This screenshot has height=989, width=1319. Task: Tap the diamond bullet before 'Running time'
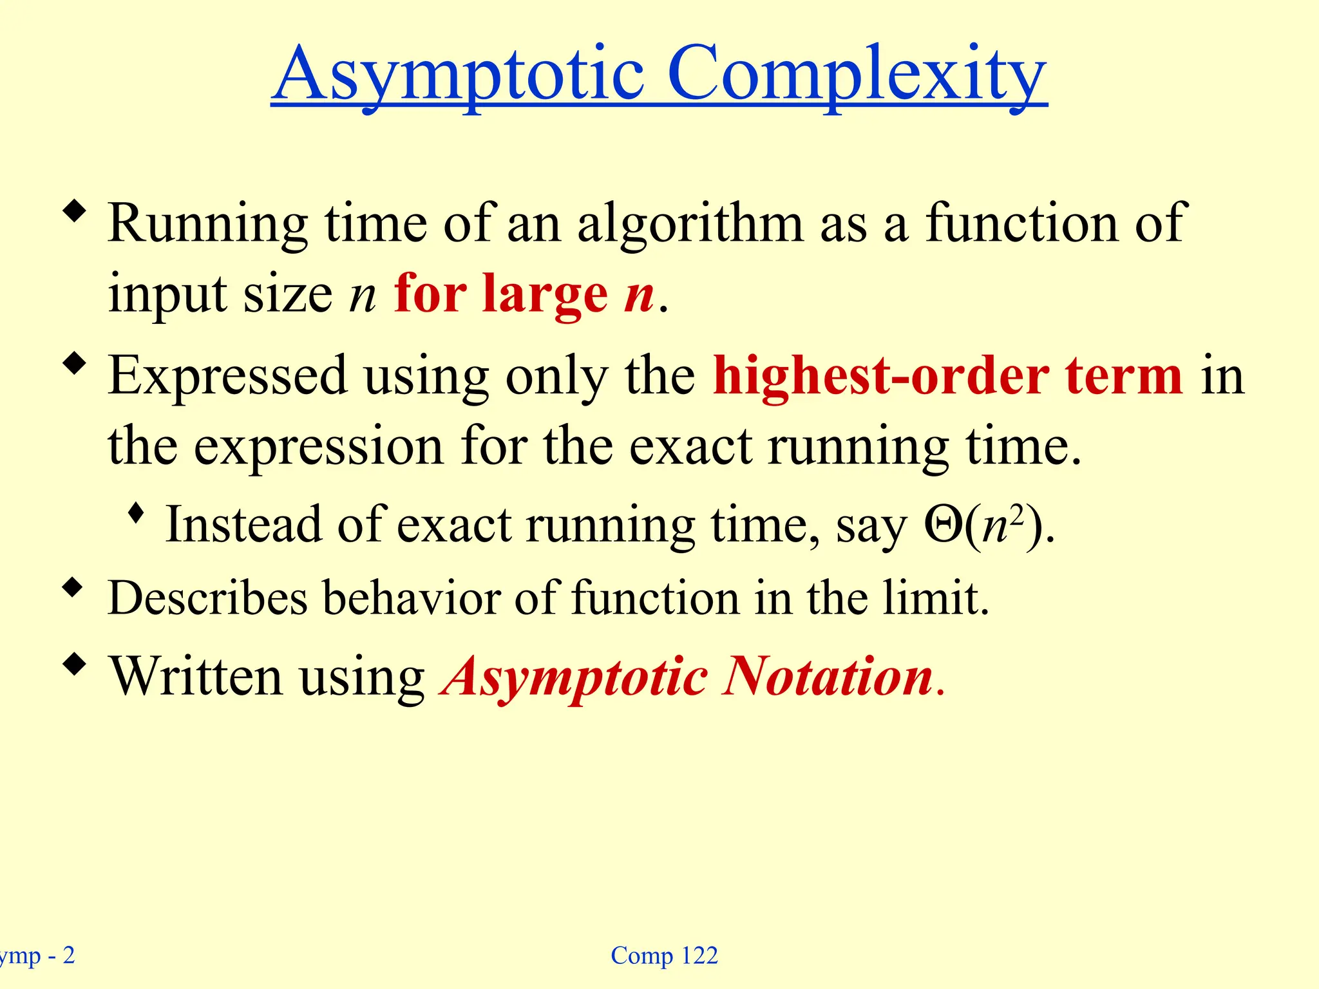point(75,211)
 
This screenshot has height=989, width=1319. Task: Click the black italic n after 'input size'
point(362,296)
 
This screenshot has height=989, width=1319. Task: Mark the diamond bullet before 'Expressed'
point(75,363)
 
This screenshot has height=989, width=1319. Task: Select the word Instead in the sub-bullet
point(243,525)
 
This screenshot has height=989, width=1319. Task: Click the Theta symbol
point(943,525)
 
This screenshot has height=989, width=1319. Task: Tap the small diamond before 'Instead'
point(135,513)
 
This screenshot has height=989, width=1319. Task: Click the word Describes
point(207,598)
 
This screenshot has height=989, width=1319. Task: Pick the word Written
point(196,677)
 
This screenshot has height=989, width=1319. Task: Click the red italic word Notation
point(828,677)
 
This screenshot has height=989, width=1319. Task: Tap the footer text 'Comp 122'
point(664,956)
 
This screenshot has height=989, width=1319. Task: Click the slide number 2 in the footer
point(68,956)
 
